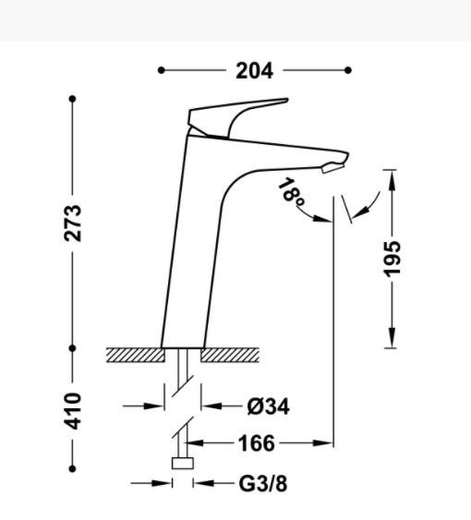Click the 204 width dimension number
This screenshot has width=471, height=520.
(254, 70)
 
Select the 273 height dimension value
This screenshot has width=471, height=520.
(73, 224)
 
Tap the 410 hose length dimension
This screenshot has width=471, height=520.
(73, 411)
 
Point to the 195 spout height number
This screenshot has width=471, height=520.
(392, 259)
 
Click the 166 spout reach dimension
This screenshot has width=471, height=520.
(257, 443)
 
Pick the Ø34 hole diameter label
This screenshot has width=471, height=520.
(269, 406)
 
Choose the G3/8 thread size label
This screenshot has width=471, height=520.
(263, 484)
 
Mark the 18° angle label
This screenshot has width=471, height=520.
(291, 192)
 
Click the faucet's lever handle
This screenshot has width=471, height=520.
(237, 117)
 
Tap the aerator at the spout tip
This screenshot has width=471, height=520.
(333, 167)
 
